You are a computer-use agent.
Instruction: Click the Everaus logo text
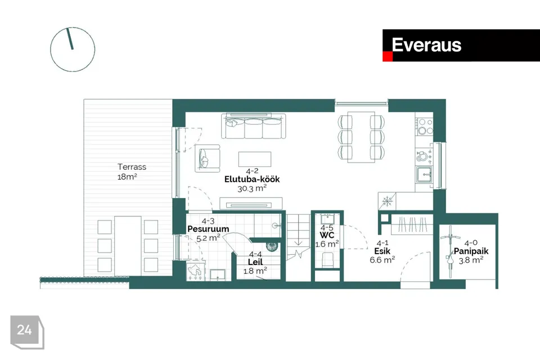[426, 45]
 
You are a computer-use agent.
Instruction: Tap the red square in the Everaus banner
[387, 57]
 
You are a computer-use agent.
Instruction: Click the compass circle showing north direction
[73, 49]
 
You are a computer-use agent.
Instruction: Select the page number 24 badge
[25, 331]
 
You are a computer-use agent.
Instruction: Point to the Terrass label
[132, 166]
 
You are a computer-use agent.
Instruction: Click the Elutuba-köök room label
[251, 179]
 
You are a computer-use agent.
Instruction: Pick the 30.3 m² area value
[251, 189]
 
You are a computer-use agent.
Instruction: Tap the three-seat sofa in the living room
[254, 127]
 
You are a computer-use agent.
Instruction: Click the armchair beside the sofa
[208, 158]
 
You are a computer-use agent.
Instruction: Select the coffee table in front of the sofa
[255, 159]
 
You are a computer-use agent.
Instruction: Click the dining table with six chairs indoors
[361, 137]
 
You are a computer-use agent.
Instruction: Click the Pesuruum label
[208, 229]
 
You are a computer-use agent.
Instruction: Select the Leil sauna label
[255, 262]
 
